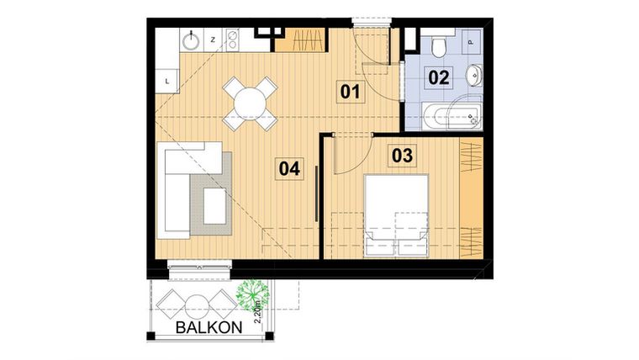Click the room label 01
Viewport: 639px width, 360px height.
click(351, 90)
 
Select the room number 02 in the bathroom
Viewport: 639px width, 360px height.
click(439, 77)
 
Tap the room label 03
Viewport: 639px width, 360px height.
click(402, 155)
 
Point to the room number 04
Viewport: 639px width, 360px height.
click(289, 168)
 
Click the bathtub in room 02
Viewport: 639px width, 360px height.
click(452, 115)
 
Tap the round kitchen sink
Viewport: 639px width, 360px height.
click(192, 38)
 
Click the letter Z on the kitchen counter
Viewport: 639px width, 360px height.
click(213, 39)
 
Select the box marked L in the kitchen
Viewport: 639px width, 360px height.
click(168, 81)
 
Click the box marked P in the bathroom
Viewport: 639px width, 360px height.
click(469, 40)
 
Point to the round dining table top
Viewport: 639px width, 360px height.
click(251, 103)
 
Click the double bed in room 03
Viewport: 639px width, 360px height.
click(396, 214)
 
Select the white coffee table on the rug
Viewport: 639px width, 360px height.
click(215, 206)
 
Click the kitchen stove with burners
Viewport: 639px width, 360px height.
click(233, 39)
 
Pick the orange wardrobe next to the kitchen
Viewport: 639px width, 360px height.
click(301, 40)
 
